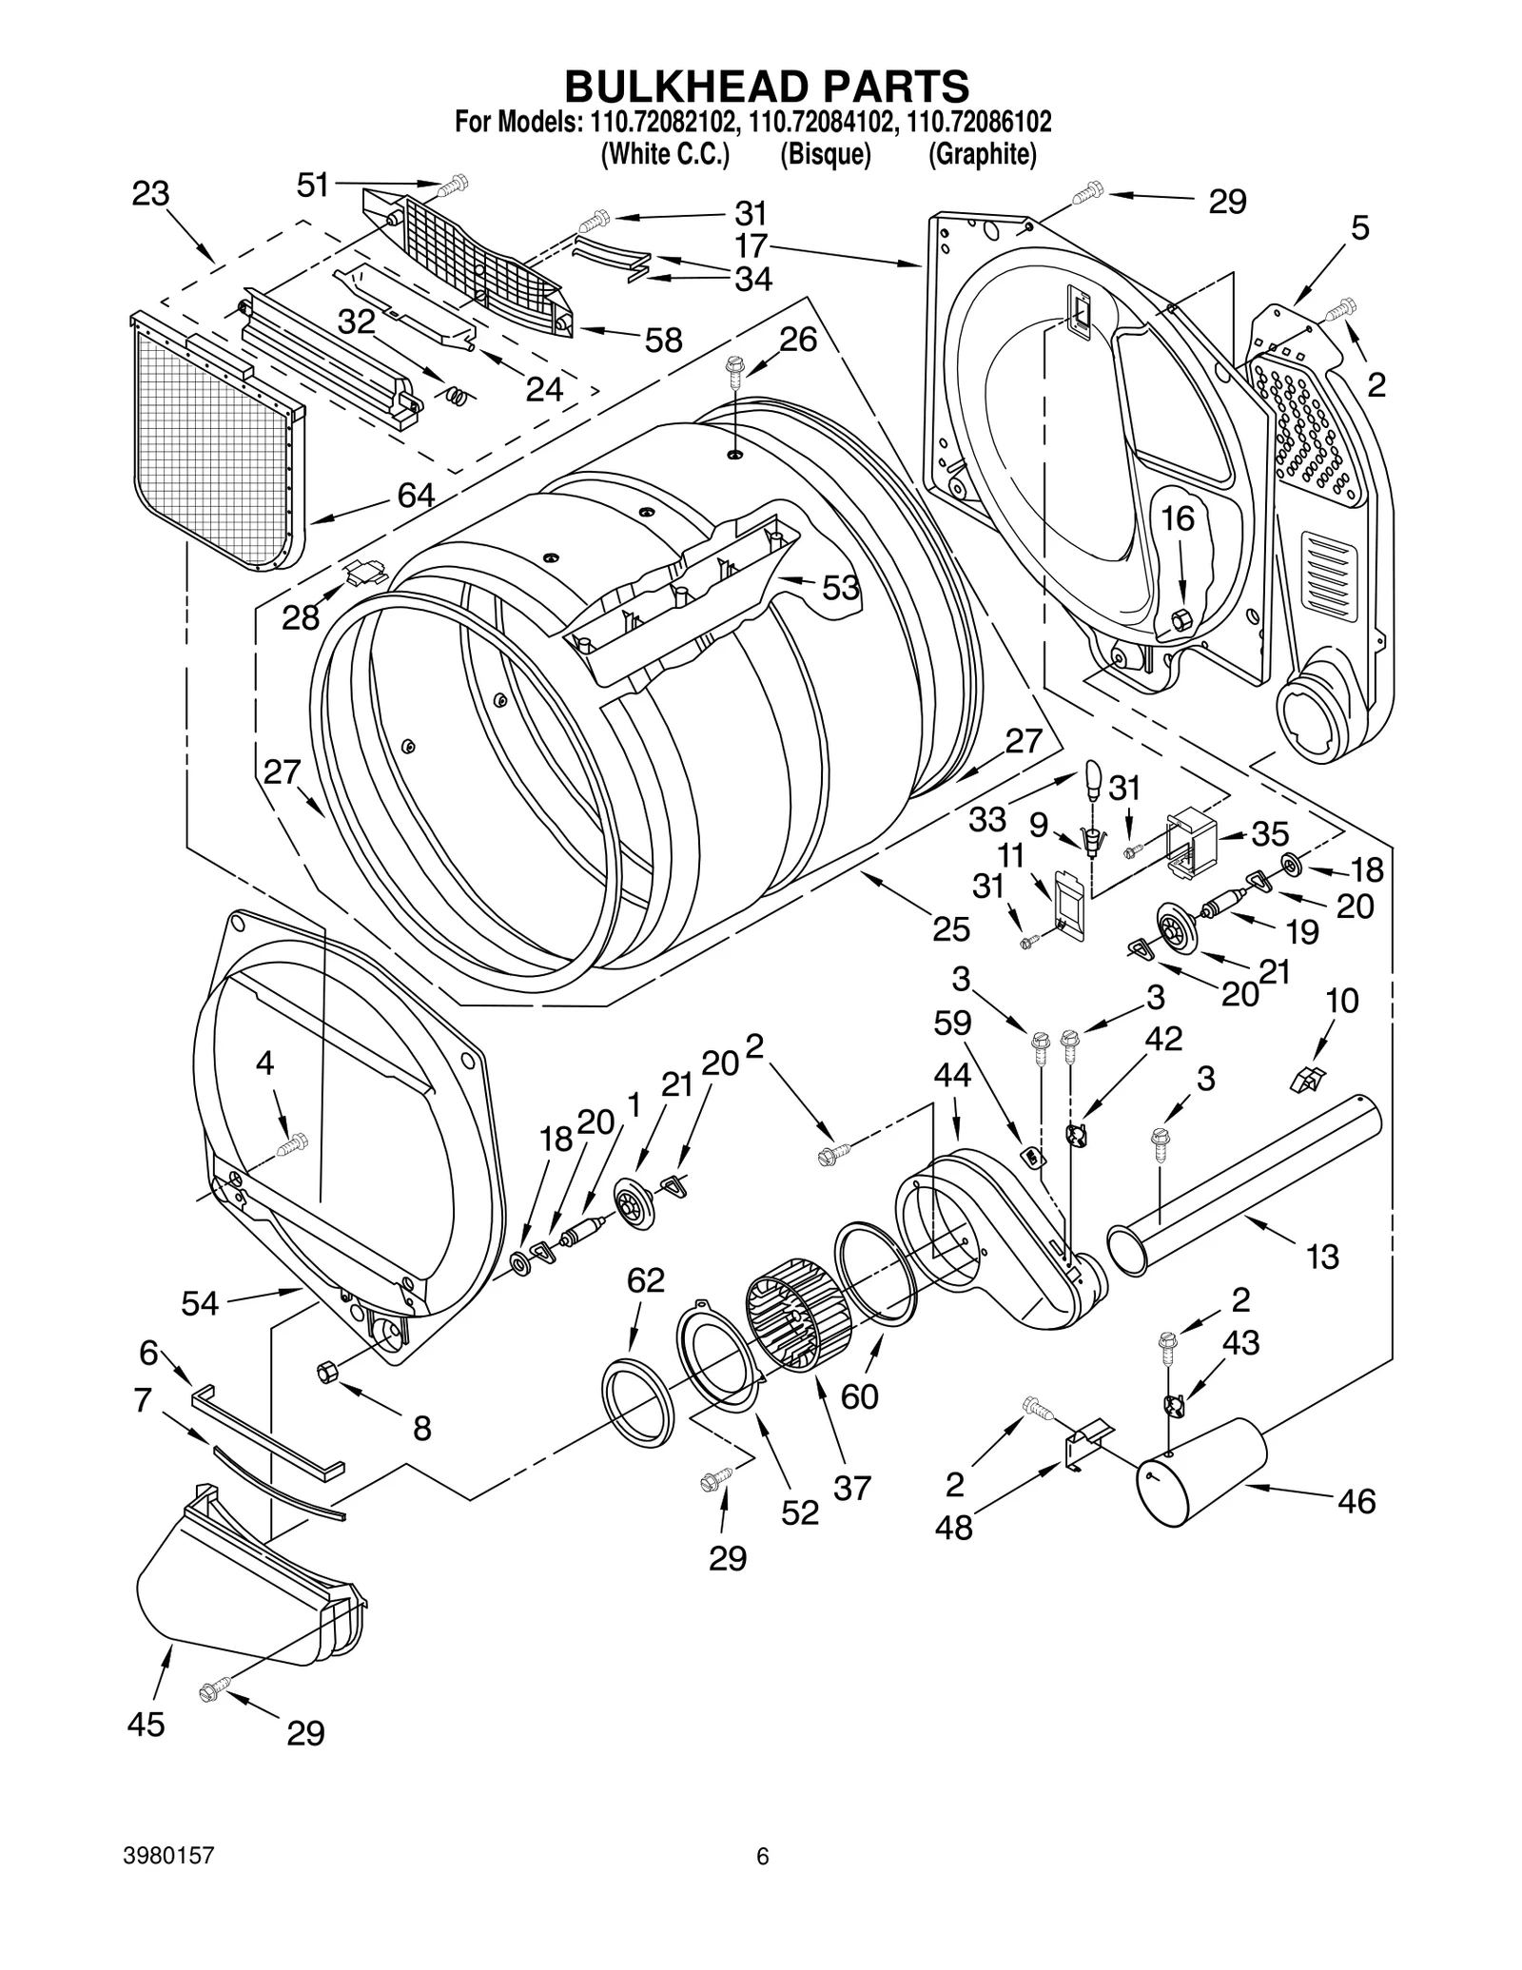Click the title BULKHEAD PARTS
[x=767, y=86]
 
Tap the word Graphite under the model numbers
[x=982, y=154]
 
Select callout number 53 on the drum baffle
[x=840, y=588]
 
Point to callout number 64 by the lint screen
[x=416, y=495]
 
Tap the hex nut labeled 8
[x=327, y=1372]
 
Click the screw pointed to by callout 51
[x=456, y=183]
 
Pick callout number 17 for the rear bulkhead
[x=751, y=246]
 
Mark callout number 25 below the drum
[x=950, y=928]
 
